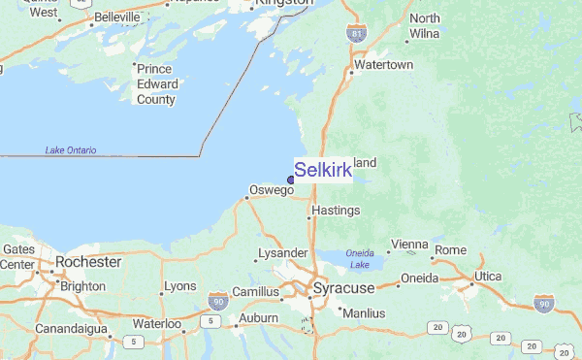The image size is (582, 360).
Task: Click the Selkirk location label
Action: (x=323, y=171)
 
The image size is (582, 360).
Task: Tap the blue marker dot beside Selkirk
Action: (x=291, y=180)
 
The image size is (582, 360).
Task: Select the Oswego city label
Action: (x=271, y=190)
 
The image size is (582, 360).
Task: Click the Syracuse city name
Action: (x=341, y=289)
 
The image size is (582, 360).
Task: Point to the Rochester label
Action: (x=88, y=262)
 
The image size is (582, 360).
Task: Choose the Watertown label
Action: (x=384, y=65)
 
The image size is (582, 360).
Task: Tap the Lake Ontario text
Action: (x=71, y=150)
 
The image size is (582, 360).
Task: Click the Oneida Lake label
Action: (x=359, y=259)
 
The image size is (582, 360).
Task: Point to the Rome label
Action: (x=450, y=249)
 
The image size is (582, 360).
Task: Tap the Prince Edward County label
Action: (x=156, y=83)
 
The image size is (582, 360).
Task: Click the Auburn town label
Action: (x=258, y=317)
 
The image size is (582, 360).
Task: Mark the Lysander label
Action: (x=282, y=254)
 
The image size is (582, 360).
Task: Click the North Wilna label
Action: (x=424, y=26)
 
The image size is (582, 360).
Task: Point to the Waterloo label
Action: (x=157, y=323)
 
